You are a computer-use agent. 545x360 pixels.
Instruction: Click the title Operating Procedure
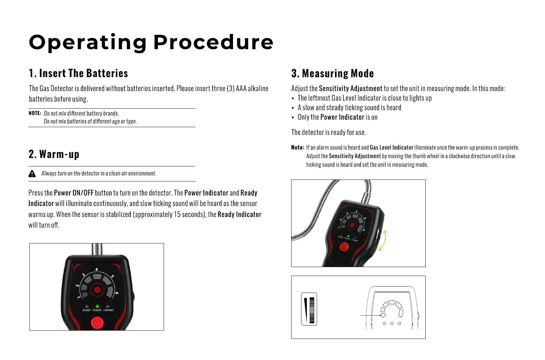click(x=151, y=42)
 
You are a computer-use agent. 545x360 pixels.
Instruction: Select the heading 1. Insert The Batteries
click(x=78, y=73)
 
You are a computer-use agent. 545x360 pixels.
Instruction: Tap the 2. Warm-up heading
click(x=54, y=154)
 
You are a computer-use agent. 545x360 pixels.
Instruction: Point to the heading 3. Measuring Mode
click(x=332, y=73)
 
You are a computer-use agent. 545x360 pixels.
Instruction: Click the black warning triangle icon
click(x=32, y=173)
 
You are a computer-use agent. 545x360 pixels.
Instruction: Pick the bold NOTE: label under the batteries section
click(x=35, y=113)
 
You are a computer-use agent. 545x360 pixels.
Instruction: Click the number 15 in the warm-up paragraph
click(x=177, y=214)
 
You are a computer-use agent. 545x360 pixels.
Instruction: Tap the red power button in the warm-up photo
click(x=97, y=323)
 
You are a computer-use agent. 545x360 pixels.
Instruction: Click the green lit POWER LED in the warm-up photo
click(x=97, y=306)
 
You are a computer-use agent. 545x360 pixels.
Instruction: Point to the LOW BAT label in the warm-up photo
click(x=108, y=310)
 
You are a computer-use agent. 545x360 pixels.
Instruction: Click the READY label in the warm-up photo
click(x=86, y=310)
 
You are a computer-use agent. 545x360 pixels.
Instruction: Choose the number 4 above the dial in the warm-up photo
click(x=97, y=270)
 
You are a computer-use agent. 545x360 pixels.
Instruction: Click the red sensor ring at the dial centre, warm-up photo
click(x=97, y=290)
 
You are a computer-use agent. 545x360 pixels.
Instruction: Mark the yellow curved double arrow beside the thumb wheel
click(x=383, y=240)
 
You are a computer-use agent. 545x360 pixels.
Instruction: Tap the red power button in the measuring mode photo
click(x=344, y=247)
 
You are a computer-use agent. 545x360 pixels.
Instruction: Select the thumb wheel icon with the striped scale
click(x=309, y=309)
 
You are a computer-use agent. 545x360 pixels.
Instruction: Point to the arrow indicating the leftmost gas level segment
click(x=371, y=315)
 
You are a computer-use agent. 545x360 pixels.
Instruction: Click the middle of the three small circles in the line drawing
click(x=392, y=324)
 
